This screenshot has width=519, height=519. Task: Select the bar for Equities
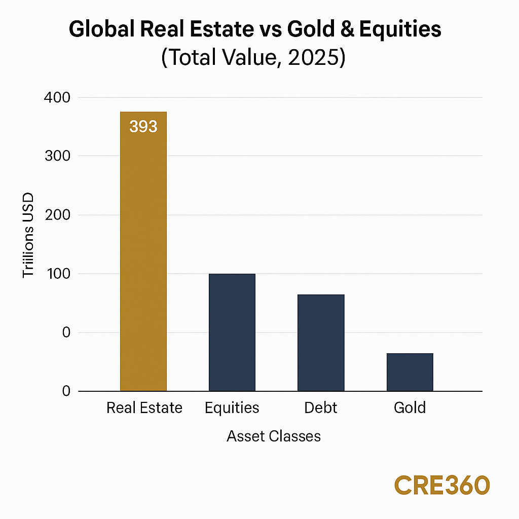pyautogui.click(x=232, y=332)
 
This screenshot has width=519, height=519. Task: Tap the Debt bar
pyautogui.click(x=321, y=342)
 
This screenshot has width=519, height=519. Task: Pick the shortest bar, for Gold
pyautogui.click(x=410, y=372)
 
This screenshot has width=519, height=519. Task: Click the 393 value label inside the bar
pyautogui.click(x=143, y=126)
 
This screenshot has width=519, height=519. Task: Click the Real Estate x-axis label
pyautogui.click(x=144, y=408)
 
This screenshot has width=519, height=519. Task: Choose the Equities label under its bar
pyautogui.click(x=232, y=408)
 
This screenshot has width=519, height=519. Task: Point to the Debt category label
pyautogui.click(x=321, y=408)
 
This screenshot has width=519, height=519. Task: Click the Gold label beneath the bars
pyautogui.click(x=410, y=408)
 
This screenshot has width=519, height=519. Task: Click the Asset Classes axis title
pyautogui.click(x=274, y=436)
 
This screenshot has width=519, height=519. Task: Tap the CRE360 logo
pyautogui.click(x=442, y=485)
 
